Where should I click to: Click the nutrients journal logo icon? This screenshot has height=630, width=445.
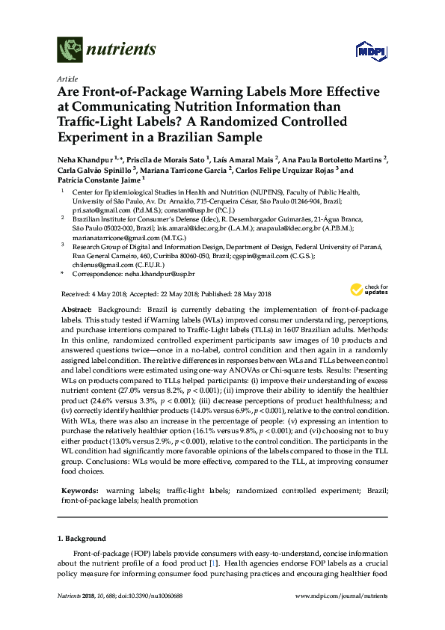coord(69,50)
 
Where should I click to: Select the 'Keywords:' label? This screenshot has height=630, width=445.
coord(77,490)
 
